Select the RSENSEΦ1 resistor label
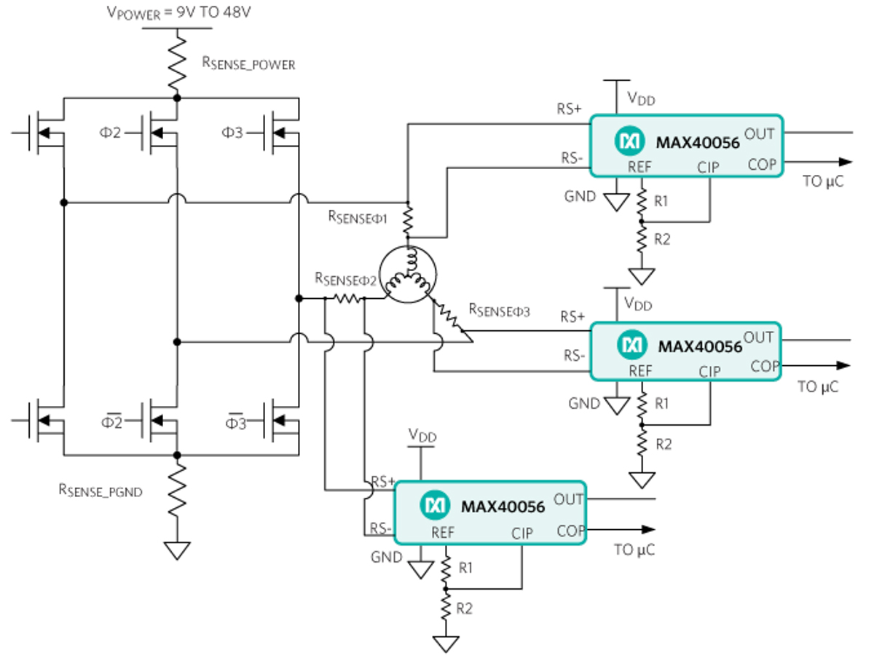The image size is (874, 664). coord(358,216)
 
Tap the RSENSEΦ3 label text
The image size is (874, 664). coord(499,310)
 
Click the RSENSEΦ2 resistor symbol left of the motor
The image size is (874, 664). coord(348,298)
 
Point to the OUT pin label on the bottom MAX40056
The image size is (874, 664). coord(569,499)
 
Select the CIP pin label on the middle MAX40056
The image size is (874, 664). coord(709,372)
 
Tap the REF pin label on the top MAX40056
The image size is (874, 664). coord(639,167)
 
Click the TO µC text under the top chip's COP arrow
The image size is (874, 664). coord(823,182)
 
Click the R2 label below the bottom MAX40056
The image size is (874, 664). coord(464,608)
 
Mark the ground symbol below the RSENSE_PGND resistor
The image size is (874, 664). coord(177,550)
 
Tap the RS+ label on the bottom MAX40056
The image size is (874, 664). coord(383,482)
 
